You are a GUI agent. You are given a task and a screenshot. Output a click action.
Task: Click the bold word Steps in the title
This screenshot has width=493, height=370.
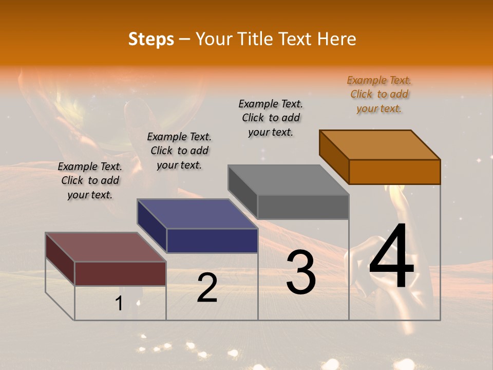click(x=151, y=39)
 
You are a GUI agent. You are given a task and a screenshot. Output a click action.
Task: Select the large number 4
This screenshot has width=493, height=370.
click(x=391, y=257)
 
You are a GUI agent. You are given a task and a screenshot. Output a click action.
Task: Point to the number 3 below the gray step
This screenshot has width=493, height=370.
click(x=301, y=272)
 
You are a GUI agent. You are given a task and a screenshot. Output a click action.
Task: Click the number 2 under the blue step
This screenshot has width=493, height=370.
click(x=207, y=288)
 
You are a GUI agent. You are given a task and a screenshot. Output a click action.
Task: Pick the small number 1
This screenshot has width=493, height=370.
click(x=119, y=304)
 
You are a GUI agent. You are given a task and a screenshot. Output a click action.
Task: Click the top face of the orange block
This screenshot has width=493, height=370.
click(x=380, y=144)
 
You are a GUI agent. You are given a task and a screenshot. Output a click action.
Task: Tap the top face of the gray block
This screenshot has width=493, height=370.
click(x=289, y=180)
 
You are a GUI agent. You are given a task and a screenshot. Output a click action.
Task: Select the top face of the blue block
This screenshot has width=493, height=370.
click(x=198, y=214)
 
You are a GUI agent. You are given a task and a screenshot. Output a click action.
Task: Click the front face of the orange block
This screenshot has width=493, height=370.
click(x=394, y=172)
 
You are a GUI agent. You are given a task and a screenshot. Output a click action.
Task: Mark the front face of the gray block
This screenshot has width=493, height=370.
click(x=303, y=207)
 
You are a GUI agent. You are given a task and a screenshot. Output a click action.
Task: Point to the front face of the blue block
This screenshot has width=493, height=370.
click(x=212, y=240)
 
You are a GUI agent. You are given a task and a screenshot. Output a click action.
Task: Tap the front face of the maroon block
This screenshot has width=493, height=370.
click(x=121, y=273)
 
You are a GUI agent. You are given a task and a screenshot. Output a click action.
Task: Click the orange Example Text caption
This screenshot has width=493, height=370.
click(x=379, y=94)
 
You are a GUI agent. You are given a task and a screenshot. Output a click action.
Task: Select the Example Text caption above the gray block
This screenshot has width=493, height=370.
click(x=271, y=118)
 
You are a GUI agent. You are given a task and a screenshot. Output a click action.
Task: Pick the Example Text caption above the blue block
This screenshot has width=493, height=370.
click(x=179, y=151)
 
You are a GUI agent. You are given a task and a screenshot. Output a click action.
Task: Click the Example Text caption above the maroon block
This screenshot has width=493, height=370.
click(x=90, y=180)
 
